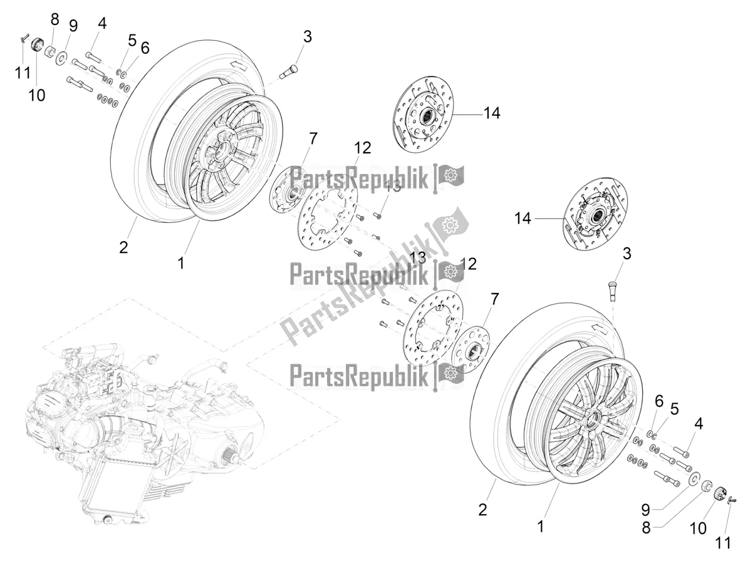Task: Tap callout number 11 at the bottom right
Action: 723,542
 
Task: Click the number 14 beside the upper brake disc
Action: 492,114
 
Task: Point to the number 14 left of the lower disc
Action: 523,218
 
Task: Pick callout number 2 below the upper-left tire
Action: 123,247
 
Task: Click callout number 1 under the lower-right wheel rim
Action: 540,527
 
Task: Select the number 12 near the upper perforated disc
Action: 363,148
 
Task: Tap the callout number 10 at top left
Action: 37,96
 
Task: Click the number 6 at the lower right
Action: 659,400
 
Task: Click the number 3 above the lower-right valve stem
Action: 626,254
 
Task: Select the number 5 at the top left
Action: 132,41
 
